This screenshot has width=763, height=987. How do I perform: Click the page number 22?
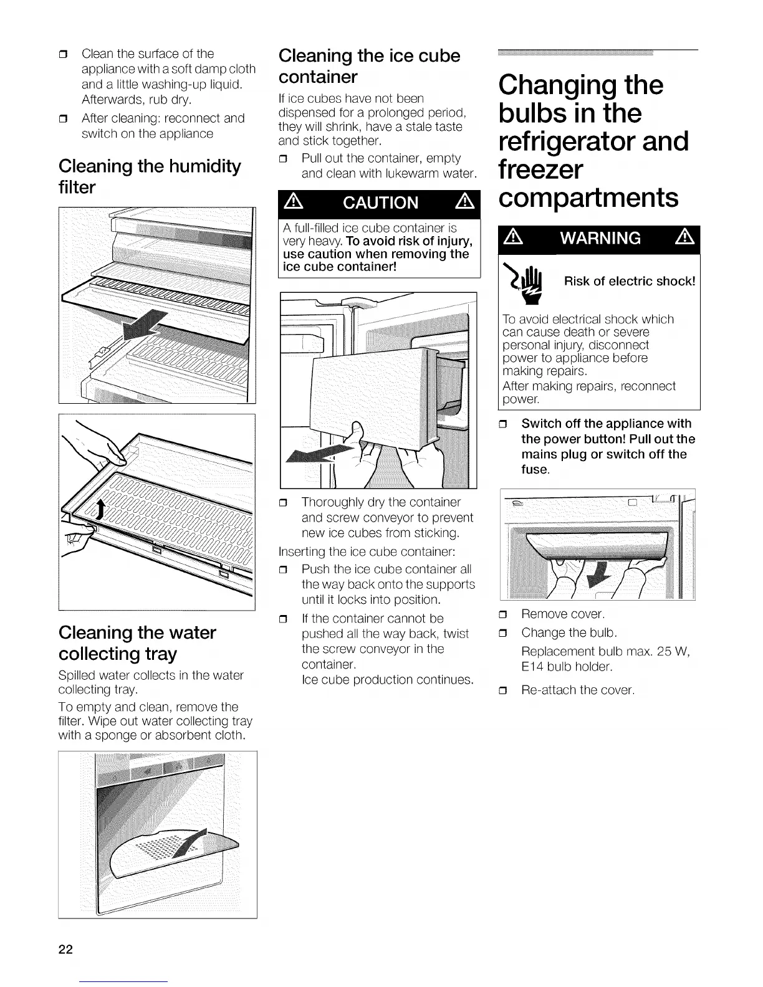point(65,950)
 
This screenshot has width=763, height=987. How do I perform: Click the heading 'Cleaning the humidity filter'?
point(150,176)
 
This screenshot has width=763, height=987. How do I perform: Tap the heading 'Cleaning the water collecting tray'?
point(137,643)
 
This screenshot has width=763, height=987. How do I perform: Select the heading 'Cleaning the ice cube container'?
point(369,66)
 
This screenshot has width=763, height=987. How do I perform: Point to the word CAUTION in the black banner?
point(380,203)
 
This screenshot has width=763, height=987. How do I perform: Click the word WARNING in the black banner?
point(600,238)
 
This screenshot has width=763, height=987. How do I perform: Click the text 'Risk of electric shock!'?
point(630,281)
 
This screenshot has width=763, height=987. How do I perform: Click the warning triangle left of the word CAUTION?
point(293,203)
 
